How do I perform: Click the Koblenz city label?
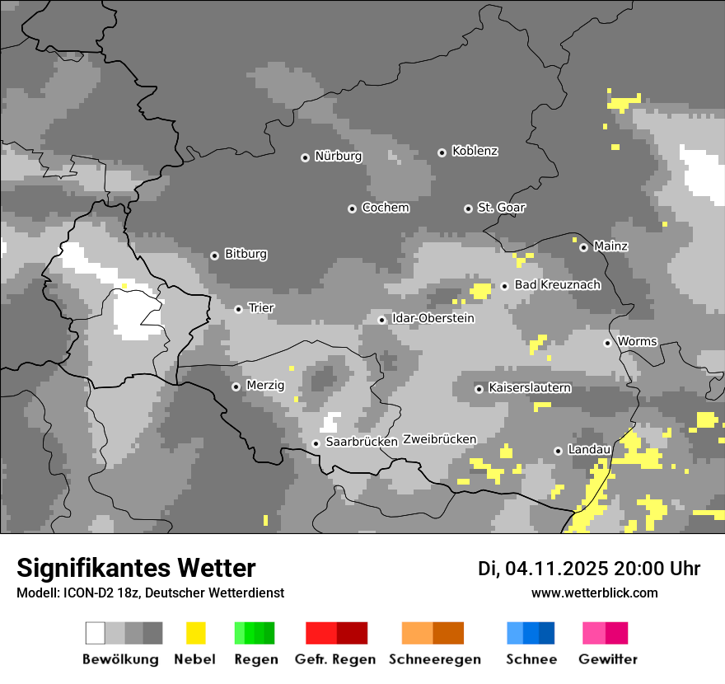(x=475, y=151)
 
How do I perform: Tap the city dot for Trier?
(x=239, y=309)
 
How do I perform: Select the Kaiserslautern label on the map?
(x=530, y=387)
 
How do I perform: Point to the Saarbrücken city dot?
(x=316, y=443)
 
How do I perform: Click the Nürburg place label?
(x=338, y=156)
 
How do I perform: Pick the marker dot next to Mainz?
(x=583, y=247)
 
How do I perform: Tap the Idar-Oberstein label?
(x=433, y=318)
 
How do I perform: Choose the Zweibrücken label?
(x=439, y=439)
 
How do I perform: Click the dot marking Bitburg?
(x=214, y=255)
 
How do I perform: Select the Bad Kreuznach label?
(x=557, y=284)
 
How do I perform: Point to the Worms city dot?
(x=607, y=343)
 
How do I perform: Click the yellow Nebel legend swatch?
(x=195, y=633)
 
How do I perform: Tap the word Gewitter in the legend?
(x=608, y=659)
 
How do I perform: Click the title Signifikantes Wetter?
(x=136, y=568)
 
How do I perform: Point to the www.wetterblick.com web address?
(x=595, y=593)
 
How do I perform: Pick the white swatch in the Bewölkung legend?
(x=96, y=633)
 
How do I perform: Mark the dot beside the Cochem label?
(x=352, y=208)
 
